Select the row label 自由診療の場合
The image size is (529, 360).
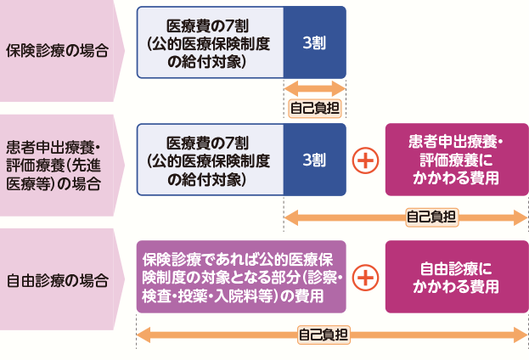tap(58, 278)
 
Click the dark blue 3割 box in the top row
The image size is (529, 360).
tap(314, 42)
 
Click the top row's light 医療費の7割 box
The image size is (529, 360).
tap(209, 42)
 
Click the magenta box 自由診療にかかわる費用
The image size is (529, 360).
tap(456, 277)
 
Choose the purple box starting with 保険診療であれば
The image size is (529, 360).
tap(241, 277)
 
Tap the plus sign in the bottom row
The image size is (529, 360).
tap(365, 277)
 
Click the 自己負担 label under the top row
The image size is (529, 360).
tap(314, 108)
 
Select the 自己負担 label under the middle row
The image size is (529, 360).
tap(431, 217)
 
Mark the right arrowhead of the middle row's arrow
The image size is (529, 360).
tap(521, 217)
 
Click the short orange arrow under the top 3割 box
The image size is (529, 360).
tap(314, 88)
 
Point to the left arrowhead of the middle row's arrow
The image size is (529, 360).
tap(290, 217)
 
